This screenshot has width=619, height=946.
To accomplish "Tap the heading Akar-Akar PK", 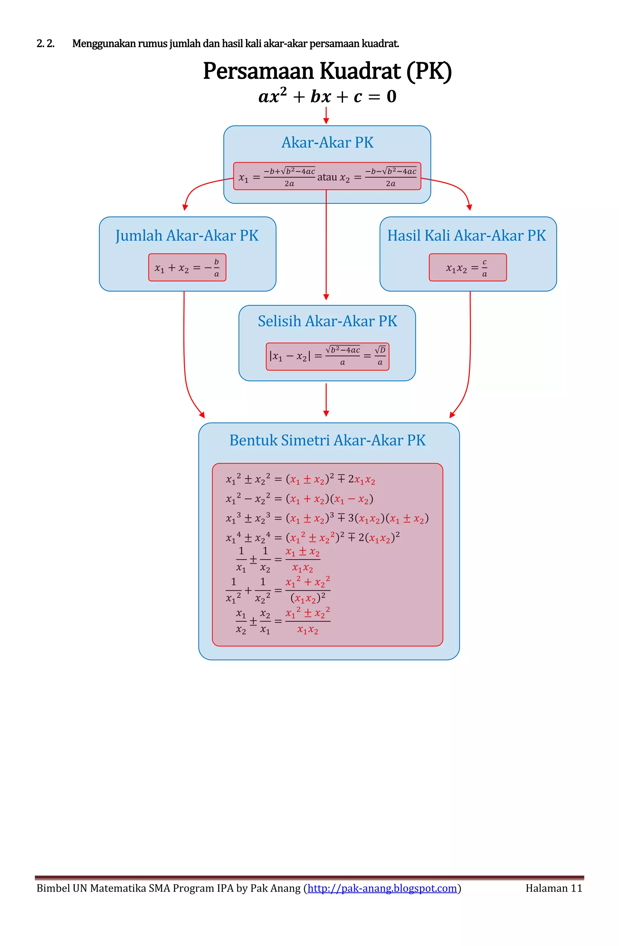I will click(327, 142).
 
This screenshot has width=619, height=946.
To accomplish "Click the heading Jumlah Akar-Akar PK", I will click(187, 235).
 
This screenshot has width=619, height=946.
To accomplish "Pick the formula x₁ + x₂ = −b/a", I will click(187, 268).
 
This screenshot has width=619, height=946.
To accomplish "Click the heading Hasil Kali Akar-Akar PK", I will click(466, 235).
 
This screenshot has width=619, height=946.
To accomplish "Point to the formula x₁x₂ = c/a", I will click(467, 268).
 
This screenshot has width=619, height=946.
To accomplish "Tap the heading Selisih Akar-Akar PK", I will click(327, 321).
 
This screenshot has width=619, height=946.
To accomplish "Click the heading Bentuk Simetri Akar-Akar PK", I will click(327, 440).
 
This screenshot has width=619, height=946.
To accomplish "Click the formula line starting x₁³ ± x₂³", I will click(327, 518).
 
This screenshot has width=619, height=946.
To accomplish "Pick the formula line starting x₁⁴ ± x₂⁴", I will click(313, 537).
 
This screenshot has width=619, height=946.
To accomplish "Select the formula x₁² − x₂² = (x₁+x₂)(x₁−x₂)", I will click(299, 499).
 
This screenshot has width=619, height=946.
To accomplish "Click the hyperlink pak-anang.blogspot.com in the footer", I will click(382, 888).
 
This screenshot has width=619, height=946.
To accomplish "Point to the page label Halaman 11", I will click(553, 888).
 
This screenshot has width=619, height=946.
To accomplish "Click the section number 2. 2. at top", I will click(45, 44).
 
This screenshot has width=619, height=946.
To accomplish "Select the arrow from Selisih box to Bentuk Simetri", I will click(326, 400).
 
